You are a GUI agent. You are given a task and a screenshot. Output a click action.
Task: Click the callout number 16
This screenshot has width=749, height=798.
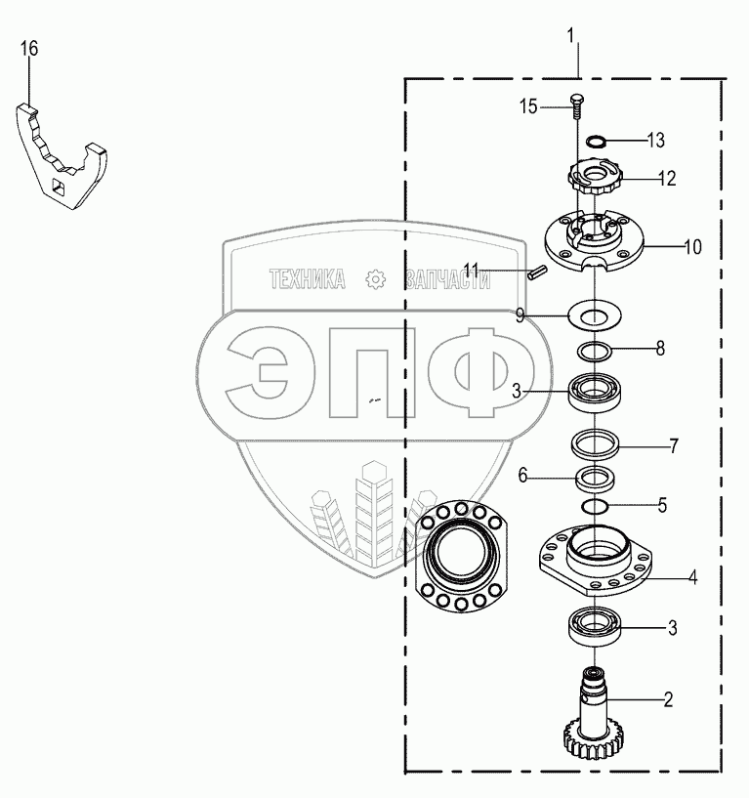coord(29,49)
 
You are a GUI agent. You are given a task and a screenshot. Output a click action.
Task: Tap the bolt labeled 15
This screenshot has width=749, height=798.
coord(576,105)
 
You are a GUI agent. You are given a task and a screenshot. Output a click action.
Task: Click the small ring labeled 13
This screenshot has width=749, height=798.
coord(595,140)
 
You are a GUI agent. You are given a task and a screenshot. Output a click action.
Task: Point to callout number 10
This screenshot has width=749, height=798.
coord(692,247)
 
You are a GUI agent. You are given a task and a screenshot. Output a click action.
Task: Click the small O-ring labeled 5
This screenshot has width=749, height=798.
coord(595,506)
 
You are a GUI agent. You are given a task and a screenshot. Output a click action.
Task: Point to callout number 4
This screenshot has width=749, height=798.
coord(692,577)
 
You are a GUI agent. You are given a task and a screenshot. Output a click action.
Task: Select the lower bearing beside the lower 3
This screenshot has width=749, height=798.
coord(595,626)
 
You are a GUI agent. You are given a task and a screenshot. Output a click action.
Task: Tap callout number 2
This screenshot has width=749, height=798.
coord(668,699)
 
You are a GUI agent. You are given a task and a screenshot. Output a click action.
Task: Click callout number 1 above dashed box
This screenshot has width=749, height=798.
coord(570,37)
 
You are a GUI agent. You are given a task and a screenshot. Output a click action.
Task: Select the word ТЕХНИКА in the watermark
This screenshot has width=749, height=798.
coord(307,279)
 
